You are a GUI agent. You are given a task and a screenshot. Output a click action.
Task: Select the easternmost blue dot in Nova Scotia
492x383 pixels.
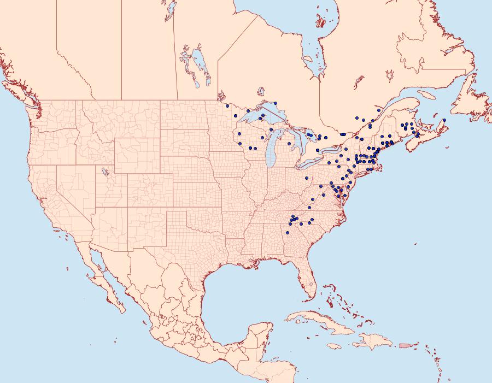click(444, 120)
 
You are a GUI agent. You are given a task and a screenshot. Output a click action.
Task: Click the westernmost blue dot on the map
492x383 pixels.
click(227, 105)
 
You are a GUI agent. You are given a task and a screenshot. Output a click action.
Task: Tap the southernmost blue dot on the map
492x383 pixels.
click(289, 232)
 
